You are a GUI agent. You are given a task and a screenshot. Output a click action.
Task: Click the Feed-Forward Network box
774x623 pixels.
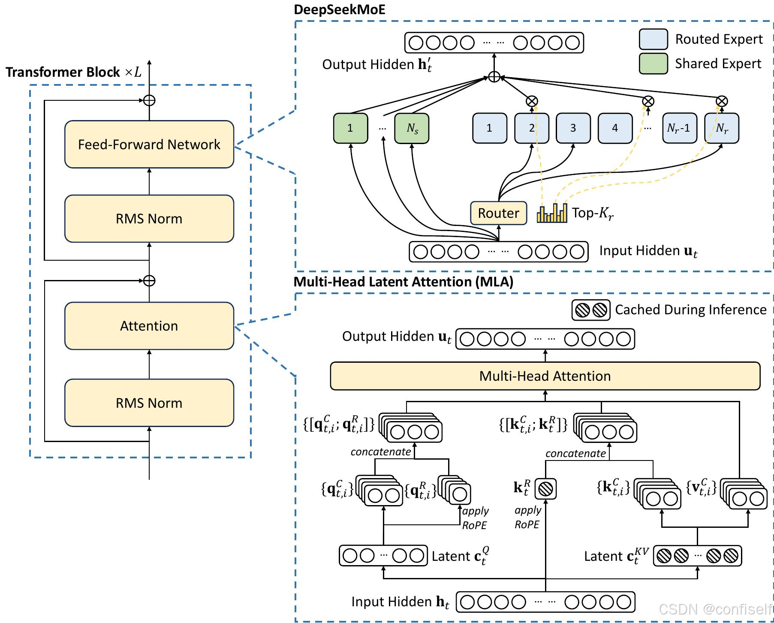149,144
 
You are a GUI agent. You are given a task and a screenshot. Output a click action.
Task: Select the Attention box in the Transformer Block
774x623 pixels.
149,326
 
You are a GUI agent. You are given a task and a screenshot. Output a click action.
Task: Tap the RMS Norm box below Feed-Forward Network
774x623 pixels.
149,219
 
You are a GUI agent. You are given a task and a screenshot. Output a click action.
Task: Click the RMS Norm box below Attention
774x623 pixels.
149,403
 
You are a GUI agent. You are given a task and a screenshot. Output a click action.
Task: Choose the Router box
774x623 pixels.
498,213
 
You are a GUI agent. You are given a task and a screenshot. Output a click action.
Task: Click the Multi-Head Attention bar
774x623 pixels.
545,376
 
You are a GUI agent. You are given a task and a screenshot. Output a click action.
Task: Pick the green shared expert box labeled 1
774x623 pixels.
350,128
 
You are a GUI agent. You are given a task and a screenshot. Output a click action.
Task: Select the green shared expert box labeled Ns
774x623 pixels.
412,128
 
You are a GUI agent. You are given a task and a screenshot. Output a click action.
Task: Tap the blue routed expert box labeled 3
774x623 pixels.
573,128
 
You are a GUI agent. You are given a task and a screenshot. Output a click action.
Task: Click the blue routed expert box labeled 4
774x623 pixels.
615,128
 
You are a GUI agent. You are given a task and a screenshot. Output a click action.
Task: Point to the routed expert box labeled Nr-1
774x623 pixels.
679,128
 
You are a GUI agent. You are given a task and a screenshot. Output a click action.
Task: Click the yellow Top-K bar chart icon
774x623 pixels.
552,213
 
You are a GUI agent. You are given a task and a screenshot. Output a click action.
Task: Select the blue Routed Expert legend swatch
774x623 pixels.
653,39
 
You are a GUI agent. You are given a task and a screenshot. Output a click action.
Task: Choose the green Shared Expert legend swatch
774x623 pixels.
653,63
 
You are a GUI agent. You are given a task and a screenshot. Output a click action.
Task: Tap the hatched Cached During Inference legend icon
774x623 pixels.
590,310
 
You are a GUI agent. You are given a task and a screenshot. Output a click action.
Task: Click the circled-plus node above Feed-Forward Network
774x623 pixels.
149,100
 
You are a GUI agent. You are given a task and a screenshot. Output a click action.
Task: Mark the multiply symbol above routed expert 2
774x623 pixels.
532,101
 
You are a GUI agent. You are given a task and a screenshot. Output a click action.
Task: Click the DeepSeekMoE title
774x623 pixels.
339,9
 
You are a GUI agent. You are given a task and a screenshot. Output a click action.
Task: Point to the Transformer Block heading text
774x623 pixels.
63,72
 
